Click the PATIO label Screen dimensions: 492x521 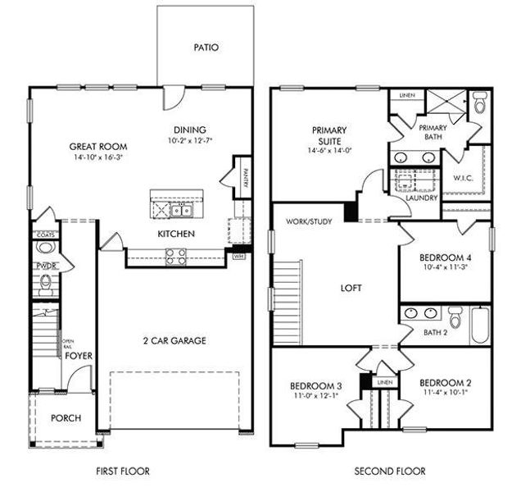[206, 48]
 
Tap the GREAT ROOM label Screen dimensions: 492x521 [96, 148]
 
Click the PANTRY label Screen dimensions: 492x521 [245, 177]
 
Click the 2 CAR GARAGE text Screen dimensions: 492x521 [174, 340]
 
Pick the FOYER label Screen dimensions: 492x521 [79, 356]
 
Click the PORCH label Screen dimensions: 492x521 [66, 418]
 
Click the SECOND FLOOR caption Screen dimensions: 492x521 [390, 471]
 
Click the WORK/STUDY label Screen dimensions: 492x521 [309, 221]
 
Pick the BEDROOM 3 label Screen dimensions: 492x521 [315, 385]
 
